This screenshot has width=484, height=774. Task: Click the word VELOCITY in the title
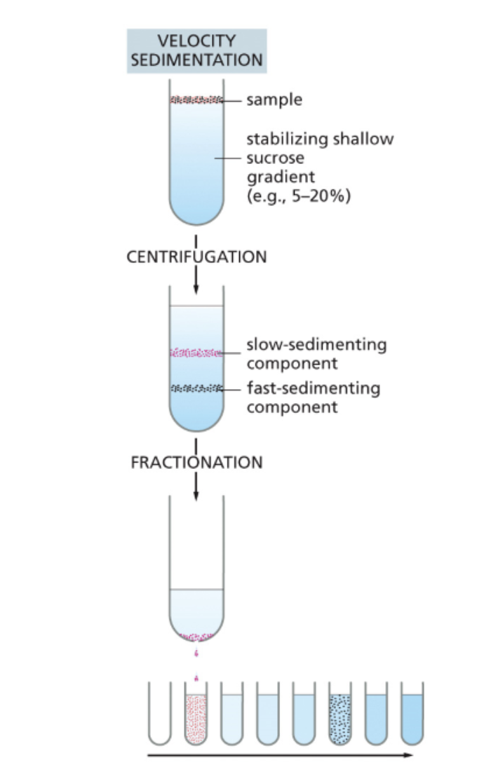click(196, 41)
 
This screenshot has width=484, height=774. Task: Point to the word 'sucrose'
click(275, 158)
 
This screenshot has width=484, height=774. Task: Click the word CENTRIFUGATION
click(196, 257)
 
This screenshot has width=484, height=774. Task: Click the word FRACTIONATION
click(196, 463)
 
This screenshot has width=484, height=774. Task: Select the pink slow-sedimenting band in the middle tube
click(196, 353)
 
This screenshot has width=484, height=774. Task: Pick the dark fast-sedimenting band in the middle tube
click(196, 388)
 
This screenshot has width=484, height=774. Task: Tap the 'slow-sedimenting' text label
click(316, 345)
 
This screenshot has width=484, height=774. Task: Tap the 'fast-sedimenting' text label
click(313, 388)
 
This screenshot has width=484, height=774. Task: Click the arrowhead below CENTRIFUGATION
click(196, 290)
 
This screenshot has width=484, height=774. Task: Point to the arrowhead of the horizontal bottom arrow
click(409, 756)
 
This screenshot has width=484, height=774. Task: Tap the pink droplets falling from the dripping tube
click(196, 666)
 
